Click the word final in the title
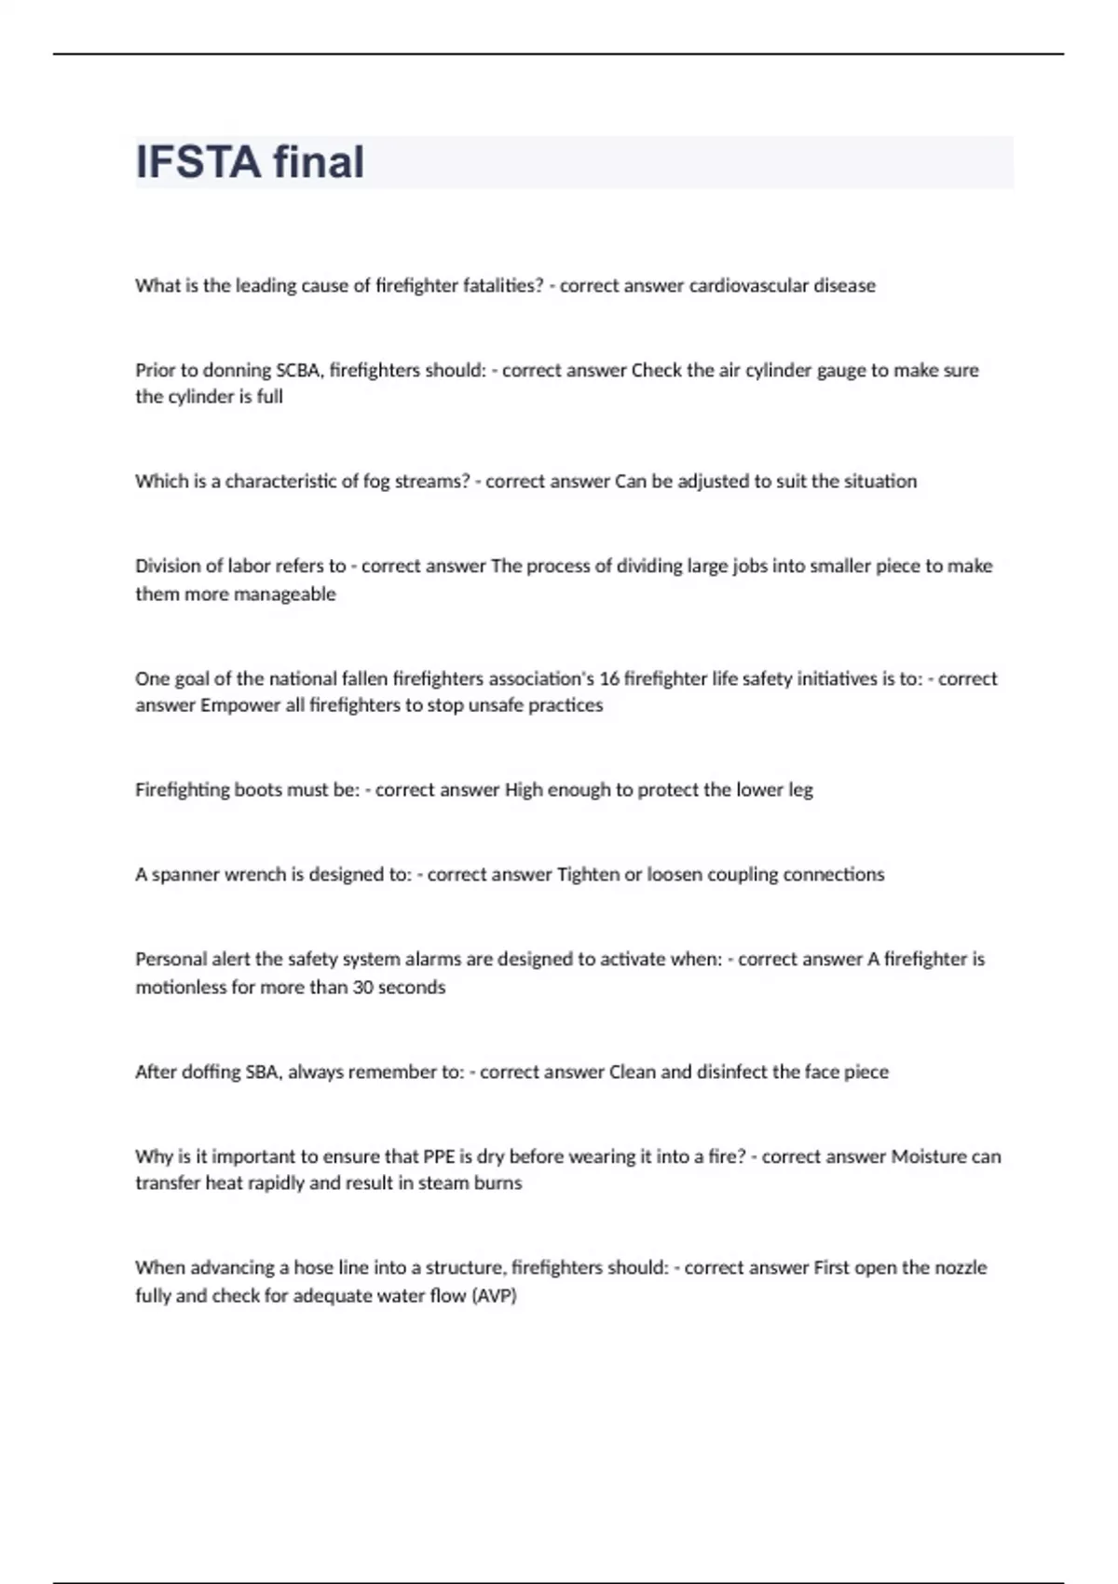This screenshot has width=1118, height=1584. (x=318, y=162)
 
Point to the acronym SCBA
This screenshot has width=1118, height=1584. (x=298, y=370)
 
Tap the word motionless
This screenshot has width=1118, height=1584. (x=181, y=987)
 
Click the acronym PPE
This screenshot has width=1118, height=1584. (x=439, y=1156)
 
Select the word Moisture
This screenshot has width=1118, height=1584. (x=929, y=1156)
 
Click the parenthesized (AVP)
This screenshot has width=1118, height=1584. (x=494, y=1295)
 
